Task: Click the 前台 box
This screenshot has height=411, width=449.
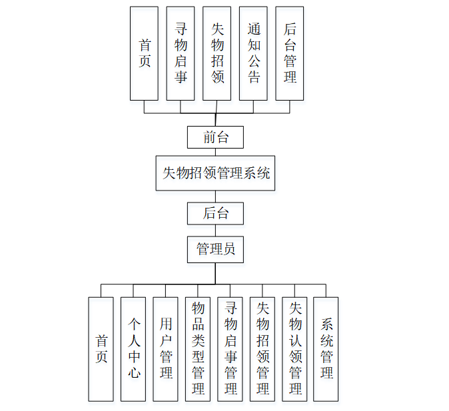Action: point(215,137)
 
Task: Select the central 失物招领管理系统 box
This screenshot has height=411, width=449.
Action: point(215,173)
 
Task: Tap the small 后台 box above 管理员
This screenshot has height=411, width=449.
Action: point(215,213)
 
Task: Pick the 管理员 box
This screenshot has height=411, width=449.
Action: point(215,250)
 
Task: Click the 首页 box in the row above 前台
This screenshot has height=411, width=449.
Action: point(144,53)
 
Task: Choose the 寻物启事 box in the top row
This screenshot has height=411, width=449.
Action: point(181,53)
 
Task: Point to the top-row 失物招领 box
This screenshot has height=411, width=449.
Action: point(217,53)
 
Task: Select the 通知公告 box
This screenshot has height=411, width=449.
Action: point(253,53)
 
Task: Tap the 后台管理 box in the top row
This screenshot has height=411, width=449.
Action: point(289,53)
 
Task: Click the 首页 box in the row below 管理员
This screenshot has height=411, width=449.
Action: point(101,348)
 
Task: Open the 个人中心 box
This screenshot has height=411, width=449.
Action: point(133,348)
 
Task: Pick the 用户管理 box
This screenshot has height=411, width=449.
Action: point(166,348)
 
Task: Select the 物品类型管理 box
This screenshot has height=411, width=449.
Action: point(198,348)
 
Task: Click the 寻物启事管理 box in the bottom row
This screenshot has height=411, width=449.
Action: point(230,348)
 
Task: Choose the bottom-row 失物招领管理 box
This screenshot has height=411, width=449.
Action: point(262,348)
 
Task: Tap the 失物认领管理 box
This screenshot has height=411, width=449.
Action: point(295,348)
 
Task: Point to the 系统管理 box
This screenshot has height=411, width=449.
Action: point(326,348)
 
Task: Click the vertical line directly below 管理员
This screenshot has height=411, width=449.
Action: point(215,273)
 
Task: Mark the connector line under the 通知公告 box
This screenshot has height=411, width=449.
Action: point(253,107)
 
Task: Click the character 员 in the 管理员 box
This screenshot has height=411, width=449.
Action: point(228,250)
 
